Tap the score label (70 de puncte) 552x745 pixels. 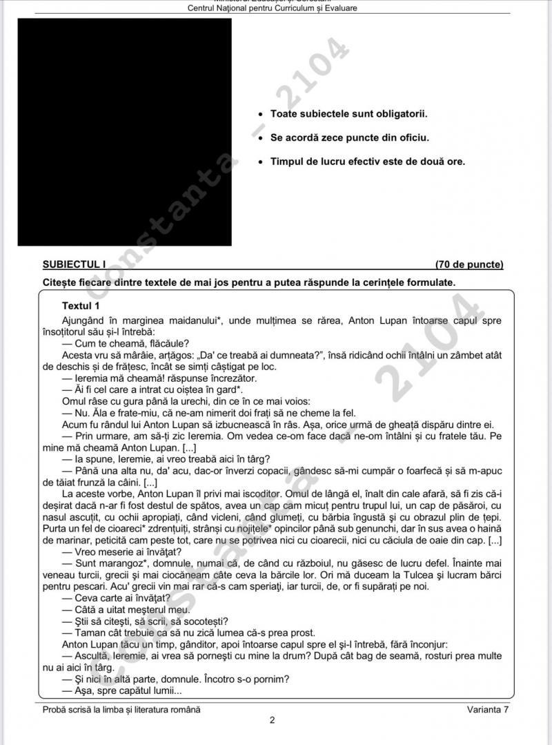[x=469, y=264]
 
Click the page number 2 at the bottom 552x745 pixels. [x=273, y=721]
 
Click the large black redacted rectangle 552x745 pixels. [x=124, y=132]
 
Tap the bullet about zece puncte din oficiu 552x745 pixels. [x=349, y=137]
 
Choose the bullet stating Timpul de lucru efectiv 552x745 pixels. [x=367, y=162]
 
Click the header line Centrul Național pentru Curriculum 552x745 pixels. [x=272, y=8]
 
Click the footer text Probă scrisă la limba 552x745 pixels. [x=121, y=709]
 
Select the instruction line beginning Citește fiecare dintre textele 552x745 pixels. [x=248, y=282]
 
